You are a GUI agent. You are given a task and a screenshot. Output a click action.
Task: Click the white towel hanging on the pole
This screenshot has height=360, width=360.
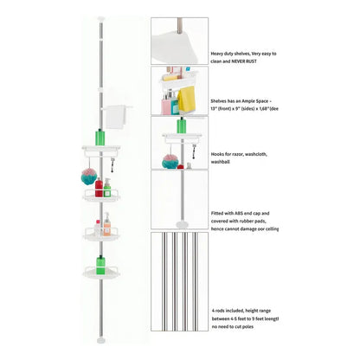[115, 117]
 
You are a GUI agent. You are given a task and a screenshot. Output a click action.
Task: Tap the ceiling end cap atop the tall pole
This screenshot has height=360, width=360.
[101, 19]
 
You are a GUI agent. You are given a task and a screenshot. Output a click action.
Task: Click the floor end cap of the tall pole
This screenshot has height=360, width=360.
[101, 340]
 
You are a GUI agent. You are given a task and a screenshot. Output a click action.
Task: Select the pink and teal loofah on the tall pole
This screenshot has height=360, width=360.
[89, 177]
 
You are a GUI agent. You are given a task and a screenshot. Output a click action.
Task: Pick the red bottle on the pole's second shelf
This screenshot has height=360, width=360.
[99, 188]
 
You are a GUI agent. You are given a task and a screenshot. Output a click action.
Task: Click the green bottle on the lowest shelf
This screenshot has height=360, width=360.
[100, 265]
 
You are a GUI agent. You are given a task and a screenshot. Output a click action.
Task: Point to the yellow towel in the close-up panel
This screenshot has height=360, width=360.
[186, 99]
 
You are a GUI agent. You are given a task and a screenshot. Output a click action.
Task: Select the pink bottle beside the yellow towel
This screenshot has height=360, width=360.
[166, 105]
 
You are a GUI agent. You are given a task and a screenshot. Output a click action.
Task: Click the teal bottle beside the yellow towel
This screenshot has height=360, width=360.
[175, 106]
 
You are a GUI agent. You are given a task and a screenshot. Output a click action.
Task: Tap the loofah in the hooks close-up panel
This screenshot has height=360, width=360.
[170, 162]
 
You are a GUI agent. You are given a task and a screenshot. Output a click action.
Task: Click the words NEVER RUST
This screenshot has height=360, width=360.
[244, 61]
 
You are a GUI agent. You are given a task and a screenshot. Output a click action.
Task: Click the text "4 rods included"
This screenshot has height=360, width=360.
[227, 311]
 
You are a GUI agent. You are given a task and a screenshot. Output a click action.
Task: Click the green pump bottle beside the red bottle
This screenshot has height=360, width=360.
[107, 188]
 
